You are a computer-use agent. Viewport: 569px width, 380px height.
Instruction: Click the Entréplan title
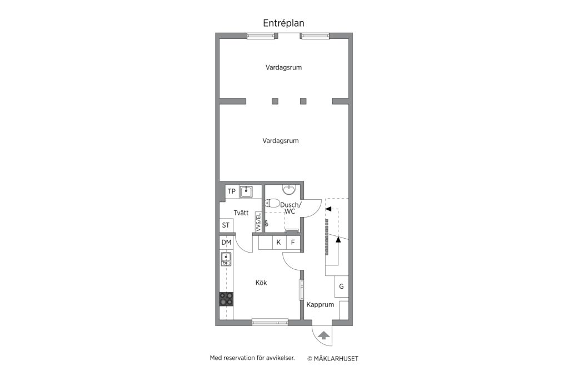click(283, 23)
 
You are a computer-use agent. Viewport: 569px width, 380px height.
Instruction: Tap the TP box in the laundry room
click(232, 191)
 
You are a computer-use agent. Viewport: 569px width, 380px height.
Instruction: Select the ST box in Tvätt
click(226, 225)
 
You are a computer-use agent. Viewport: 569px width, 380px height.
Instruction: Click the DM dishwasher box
click(227, 243)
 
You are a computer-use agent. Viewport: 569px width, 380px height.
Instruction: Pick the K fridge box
click(279, 243)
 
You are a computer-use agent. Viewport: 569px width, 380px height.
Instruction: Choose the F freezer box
click(293, 243)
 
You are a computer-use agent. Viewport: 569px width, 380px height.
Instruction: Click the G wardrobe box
click(342, 287)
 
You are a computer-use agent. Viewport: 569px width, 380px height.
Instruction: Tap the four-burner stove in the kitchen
click(227, 299)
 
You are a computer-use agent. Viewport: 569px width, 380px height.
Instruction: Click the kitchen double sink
click(226, 259)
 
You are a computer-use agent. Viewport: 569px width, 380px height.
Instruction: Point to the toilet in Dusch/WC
click(272, 204)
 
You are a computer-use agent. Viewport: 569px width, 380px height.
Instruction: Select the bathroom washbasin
click(289, 190)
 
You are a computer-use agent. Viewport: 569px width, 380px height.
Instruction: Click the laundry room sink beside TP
click(246, 191)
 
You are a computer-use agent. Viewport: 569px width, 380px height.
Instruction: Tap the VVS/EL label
click(258, 222)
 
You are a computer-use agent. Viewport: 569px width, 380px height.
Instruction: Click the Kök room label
click(261, 283)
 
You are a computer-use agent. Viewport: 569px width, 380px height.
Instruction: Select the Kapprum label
click(320, 305)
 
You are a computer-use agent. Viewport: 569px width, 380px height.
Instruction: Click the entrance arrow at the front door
click(323, 335)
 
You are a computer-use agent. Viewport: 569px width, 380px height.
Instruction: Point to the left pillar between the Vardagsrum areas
click(275, 101)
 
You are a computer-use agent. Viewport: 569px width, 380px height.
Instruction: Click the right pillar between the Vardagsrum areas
click(303, 101)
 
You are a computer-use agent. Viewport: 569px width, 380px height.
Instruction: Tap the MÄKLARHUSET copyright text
click(333, 358)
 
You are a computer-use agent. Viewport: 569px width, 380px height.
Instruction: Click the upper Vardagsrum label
click(283, 67)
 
